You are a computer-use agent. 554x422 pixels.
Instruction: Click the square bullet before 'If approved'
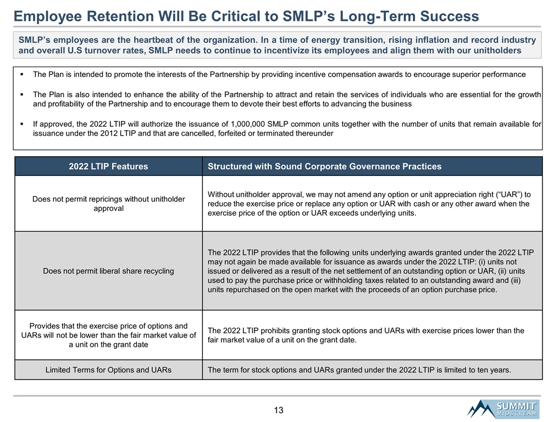(x=20, y=124)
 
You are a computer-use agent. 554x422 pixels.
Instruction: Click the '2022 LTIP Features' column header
(x=108, y=166)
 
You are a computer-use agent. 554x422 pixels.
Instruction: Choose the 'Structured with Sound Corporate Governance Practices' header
(x=324, y=166)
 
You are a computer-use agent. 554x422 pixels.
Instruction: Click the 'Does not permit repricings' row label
(x=108, y=203)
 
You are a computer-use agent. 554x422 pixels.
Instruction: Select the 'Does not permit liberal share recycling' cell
(x=108, y=271)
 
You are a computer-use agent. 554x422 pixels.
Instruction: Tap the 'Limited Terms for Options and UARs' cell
(x=108, y=370)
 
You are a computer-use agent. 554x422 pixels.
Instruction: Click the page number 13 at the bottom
(x=278, y=410)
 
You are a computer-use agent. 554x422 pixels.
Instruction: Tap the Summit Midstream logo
(x=502, y=409)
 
